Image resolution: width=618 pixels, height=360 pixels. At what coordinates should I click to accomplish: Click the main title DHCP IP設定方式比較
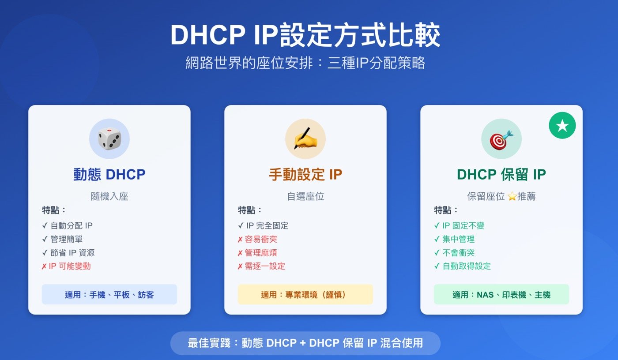[x=305, y=36]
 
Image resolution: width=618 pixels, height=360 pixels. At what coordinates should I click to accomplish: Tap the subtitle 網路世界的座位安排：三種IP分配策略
[x=305, y=63]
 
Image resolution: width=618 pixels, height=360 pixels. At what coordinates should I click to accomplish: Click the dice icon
[x=109, y=139]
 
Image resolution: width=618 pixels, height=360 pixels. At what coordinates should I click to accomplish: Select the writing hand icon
[x=305, y=139]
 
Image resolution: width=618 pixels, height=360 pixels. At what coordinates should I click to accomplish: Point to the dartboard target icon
[x=501, y=139]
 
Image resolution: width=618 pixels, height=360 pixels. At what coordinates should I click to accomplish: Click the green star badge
[x=562, y=126]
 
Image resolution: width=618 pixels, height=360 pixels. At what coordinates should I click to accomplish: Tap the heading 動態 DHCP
[x=109, y=174]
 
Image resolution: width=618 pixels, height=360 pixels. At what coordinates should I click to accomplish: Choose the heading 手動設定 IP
[x=305, y=174]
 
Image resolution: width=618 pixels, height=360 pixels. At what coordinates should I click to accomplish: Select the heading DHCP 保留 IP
[x=501, y=174]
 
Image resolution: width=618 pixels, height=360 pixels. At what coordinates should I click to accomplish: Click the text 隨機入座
[x=109, y=196]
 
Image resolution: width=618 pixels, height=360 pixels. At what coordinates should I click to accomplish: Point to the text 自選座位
[x=305, y=196]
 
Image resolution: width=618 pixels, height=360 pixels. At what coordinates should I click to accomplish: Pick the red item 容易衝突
[x=261, y=239]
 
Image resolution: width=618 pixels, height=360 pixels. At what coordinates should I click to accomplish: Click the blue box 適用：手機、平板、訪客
[x=109, y=295]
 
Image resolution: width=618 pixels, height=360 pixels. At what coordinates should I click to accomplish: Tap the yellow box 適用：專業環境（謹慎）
[x=305, y=295]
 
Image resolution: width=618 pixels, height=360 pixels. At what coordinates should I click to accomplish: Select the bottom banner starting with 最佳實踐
[x=305, y=343]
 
